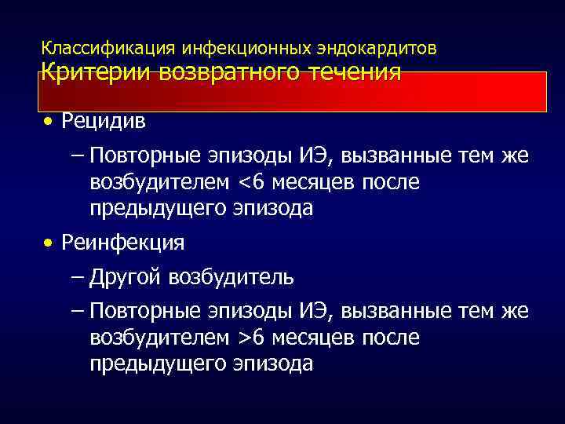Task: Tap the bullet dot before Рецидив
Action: click(x=49, y=123)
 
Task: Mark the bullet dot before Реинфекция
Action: click(x=49, y=243)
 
